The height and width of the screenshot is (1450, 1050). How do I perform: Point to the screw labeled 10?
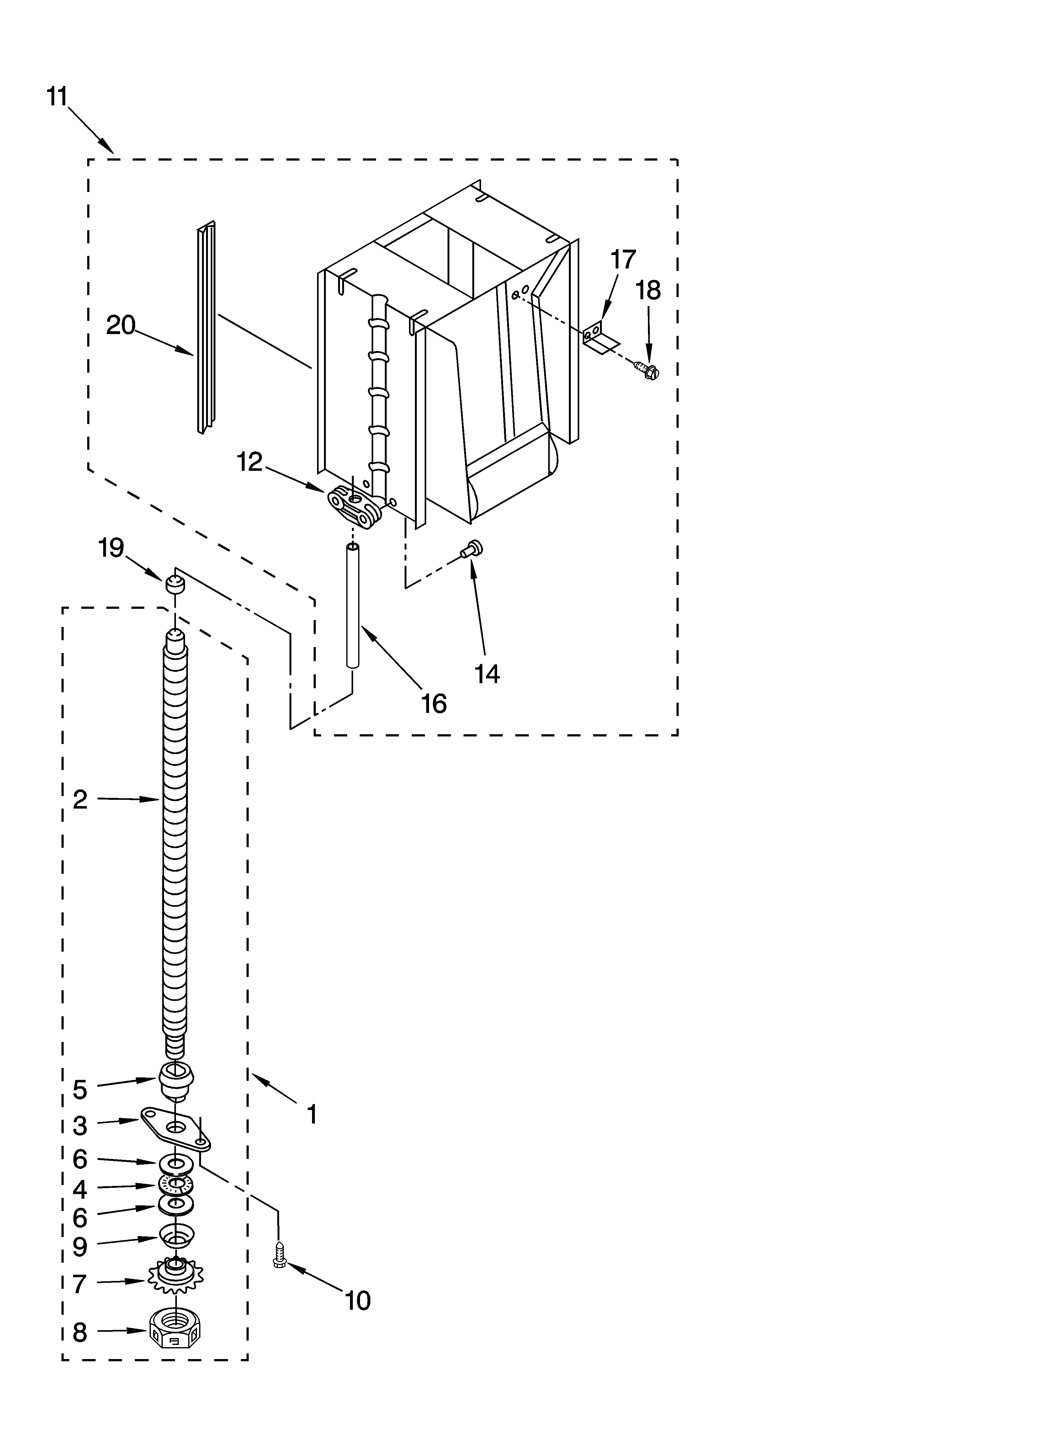(279, 1255)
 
